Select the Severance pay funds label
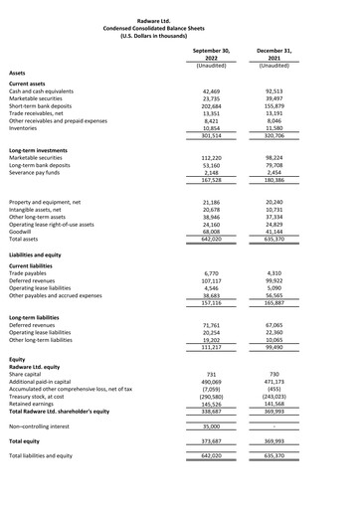[x=39, y=174]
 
